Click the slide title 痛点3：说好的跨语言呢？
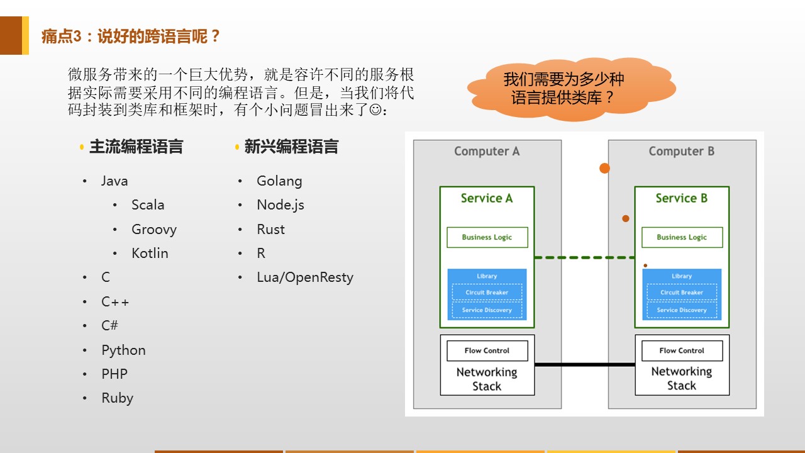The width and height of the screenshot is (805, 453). [x=131, y=36]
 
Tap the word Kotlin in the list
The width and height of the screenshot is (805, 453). [x=150, y=253]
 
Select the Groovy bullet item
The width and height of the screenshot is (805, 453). [x=153, y=229]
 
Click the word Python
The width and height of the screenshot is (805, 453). [x=123, y=350]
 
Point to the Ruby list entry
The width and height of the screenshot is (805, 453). [x=117, y=398]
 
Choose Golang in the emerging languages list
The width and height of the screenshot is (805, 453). [x=279, y=181]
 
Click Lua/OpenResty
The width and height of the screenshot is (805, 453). [x=304, y=277]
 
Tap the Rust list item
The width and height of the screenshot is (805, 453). [x=270, y=229]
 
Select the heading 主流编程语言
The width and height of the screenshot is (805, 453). [x=136, y=147]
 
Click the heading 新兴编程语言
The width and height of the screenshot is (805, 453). [x=291, y=147]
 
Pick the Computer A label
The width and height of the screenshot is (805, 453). [x=487, y=151]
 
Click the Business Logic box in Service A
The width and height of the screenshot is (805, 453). [x=487, y=237]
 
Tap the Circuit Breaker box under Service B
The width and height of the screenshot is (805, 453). [x=682, y=293]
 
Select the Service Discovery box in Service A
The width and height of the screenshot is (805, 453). [x=487, y=310]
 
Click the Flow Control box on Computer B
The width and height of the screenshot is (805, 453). [x=682, y=350]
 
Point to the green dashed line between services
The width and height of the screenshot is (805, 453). [x=584, y=257]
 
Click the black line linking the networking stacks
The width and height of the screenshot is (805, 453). [x=584, y=364]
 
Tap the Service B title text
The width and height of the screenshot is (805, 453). [x=681, y=198]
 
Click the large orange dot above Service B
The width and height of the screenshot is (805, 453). [x=604, y=168]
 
